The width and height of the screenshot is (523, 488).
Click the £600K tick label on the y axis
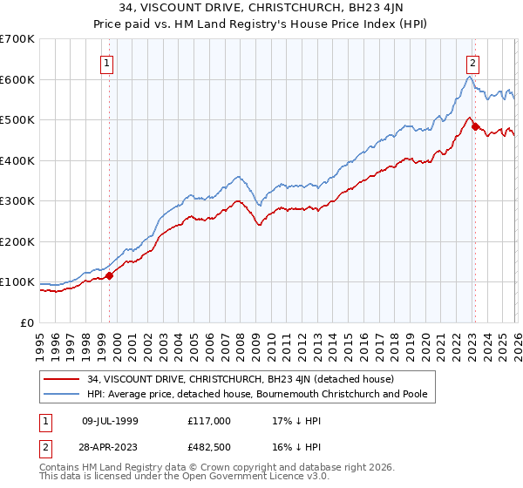coord(17,79)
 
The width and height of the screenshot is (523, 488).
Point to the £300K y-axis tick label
coord(17,201)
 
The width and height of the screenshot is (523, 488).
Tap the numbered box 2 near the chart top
coord(472,63)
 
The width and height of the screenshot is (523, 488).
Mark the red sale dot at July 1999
coord(110,275)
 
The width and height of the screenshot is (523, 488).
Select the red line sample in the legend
coord(64,379)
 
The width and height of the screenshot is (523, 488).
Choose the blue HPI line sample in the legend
coord(64,395)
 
